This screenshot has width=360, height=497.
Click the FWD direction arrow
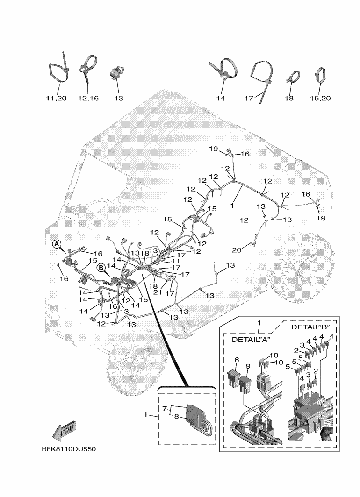click(64, 431)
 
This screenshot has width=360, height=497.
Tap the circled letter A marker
click(56, 244)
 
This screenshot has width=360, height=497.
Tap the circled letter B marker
click(101, 268)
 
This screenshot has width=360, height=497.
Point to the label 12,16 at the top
click(88, 99)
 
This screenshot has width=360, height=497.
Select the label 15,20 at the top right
click(320, 99)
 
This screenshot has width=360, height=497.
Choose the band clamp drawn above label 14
click(223, 70)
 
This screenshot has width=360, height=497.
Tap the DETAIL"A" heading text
click(252, 340)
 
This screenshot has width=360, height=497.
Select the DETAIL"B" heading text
click(310, 327)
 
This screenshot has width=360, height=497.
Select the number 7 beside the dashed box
click(164, 409)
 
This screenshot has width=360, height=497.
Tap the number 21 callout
click(163, 292)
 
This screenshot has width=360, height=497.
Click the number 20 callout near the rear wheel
click(237, 250)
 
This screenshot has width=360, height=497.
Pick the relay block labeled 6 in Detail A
click(235, 378)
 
